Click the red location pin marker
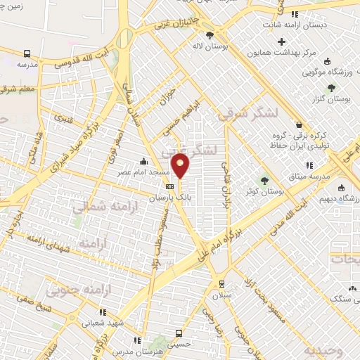pos(181,167)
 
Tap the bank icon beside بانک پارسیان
pos(169,186)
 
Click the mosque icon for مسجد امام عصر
pos(144,161)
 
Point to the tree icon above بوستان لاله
pos(210,34)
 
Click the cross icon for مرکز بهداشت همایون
pos(281,41)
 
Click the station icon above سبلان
pos(221,284)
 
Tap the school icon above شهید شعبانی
pos(103,311)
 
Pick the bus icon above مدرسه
pos(27,53)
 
